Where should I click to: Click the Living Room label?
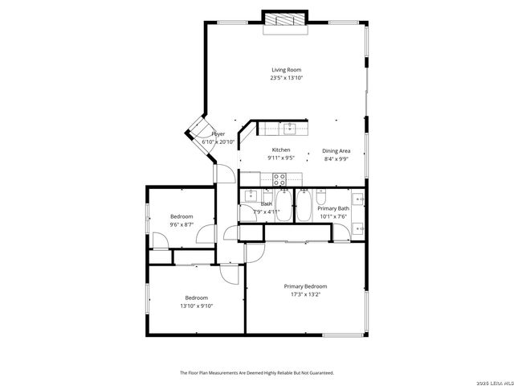(286, 70)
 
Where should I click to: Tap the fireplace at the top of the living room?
(285, 21)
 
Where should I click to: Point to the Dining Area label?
(336, 150)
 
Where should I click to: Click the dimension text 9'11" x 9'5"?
(281, 158)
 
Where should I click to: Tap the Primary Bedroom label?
(305, 286)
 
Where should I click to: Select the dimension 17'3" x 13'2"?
(305, 294)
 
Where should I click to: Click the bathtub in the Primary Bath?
(304, 204)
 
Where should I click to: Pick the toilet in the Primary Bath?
(320, 196)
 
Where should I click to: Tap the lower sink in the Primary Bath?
(358, 229)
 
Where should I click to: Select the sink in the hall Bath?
(250, 195)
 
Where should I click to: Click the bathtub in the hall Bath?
(284, 206)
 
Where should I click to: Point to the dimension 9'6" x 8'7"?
(182, 224)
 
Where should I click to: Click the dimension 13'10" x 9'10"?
(197, 306)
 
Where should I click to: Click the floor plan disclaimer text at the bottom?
(256, 372)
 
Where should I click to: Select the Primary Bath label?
(332, 208)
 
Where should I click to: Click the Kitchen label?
(281, 150)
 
